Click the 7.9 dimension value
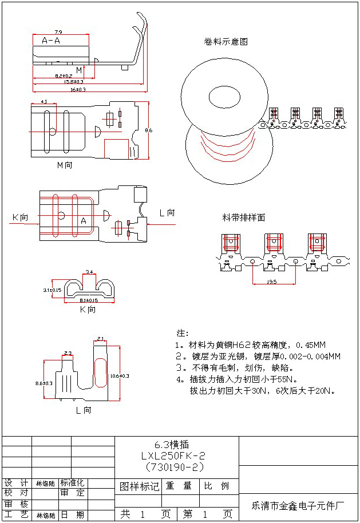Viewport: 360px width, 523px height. pos(58,31)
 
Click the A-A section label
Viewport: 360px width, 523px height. pos(52,41)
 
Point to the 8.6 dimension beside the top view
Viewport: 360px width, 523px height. pos(149,130)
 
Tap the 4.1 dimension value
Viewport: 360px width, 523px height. pos(44,101)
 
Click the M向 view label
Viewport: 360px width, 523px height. pos(65,165)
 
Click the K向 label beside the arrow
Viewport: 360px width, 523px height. pos(20,217)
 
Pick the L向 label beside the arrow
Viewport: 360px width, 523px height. pos(167,213)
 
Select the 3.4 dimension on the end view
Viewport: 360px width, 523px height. pos(89,271)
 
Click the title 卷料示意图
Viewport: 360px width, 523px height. pos(226,42)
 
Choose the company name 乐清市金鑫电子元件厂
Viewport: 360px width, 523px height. pos(298,506)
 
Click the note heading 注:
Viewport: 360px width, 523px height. pos(183,333)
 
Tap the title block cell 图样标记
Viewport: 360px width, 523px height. pos(139,486)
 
